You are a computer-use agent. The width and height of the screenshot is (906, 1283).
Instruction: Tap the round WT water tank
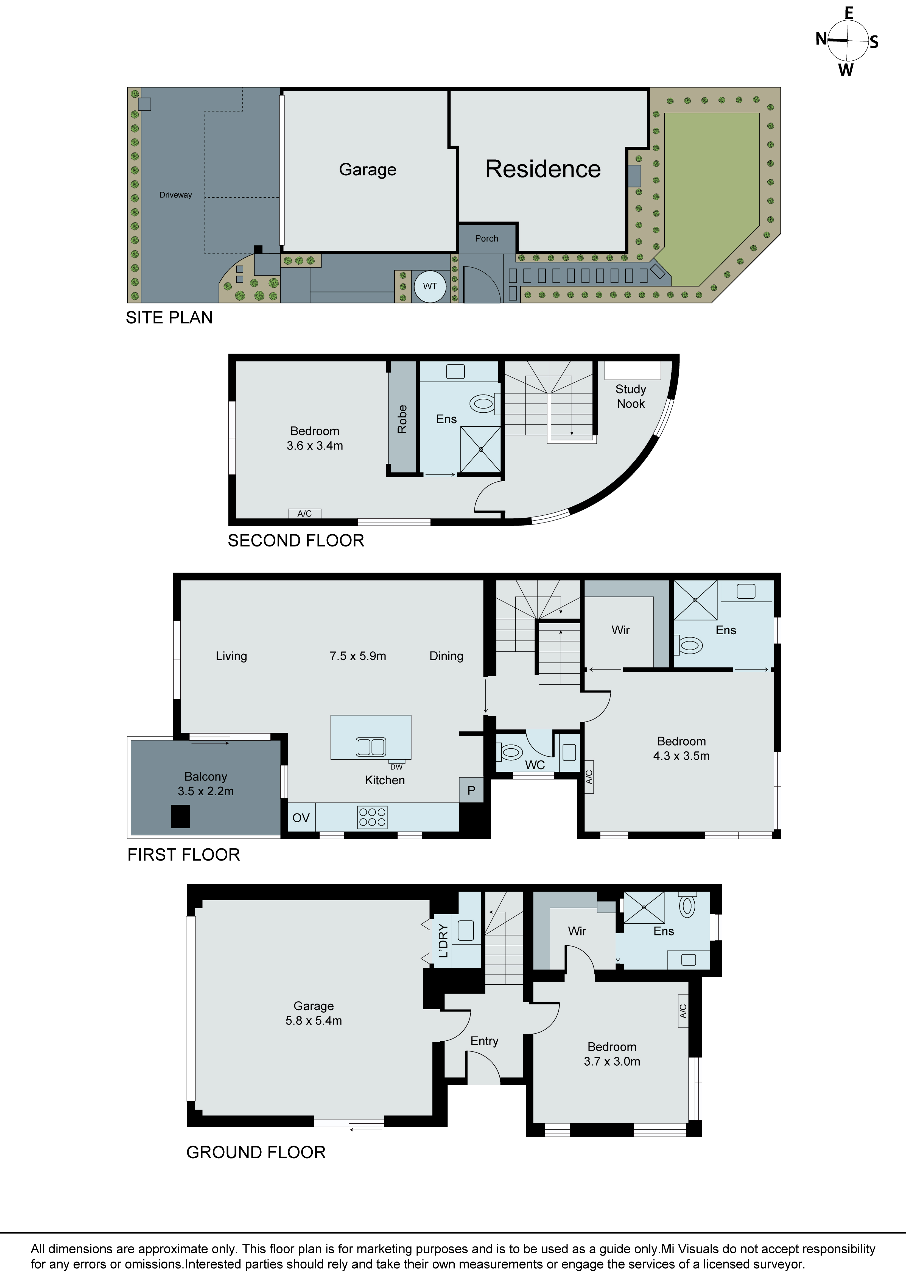(430, 286)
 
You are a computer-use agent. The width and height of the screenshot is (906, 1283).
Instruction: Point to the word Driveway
(175, 195)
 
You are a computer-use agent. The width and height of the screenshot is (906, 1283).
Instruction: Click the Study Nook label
(631, 396)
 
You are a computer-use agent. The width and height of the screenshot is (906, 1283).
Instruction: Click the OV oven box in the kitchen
(301, 818)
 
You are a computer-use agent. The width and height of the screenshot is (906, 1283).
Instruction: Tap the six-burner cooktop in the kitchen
(372, 817)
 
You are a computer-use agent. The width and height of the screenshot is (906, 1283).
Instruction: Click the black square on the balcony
(180, 816)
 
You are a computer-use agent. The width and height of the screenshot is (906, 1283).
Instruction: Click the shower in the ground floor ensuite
(644, 907)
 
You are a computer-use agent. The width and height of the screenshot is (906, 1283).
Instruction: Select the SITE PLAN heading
(169, 317)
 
